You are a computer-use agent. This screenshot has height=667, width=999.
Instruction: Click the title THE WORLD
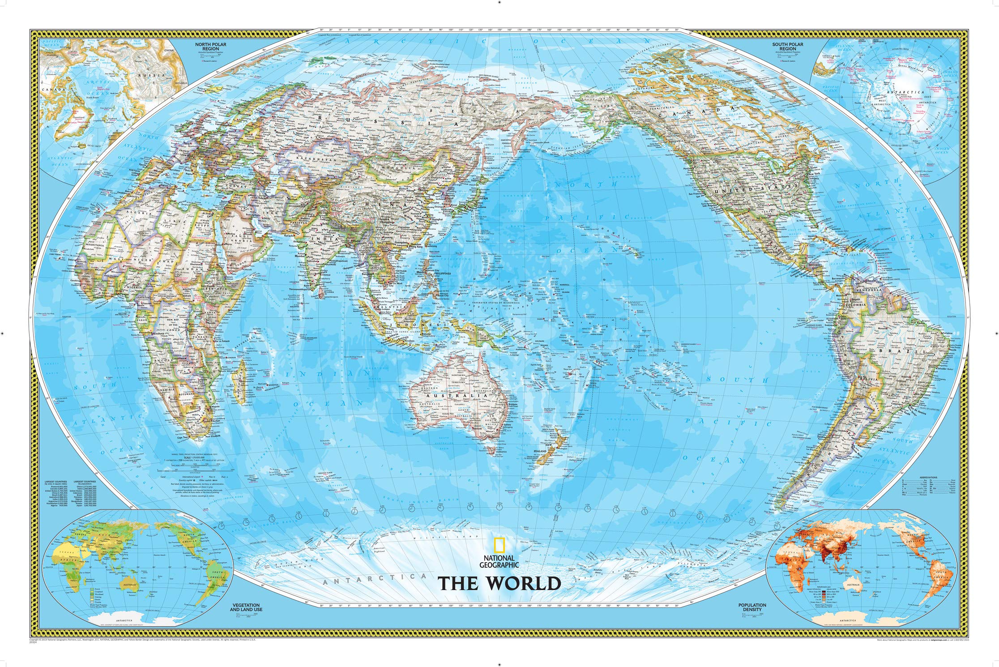[x=499, y=583]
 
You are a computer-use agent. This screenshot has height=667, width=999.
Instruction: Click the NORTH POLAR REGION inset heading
[x=208, y=46]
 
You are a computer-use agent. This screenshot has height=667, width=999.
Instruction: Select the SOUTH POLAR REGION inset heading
[x=788, y=46]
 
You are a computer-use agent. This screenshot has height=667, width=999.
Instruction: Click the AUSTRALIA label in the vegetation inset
[x=130, y=585]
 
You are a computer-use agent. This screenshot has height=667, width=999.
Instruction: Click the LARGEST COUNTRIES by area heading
[x=55, y=482]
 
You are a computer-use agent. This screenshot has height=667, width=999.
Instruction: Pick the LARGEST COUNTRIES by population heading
[x=85, y=482]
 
